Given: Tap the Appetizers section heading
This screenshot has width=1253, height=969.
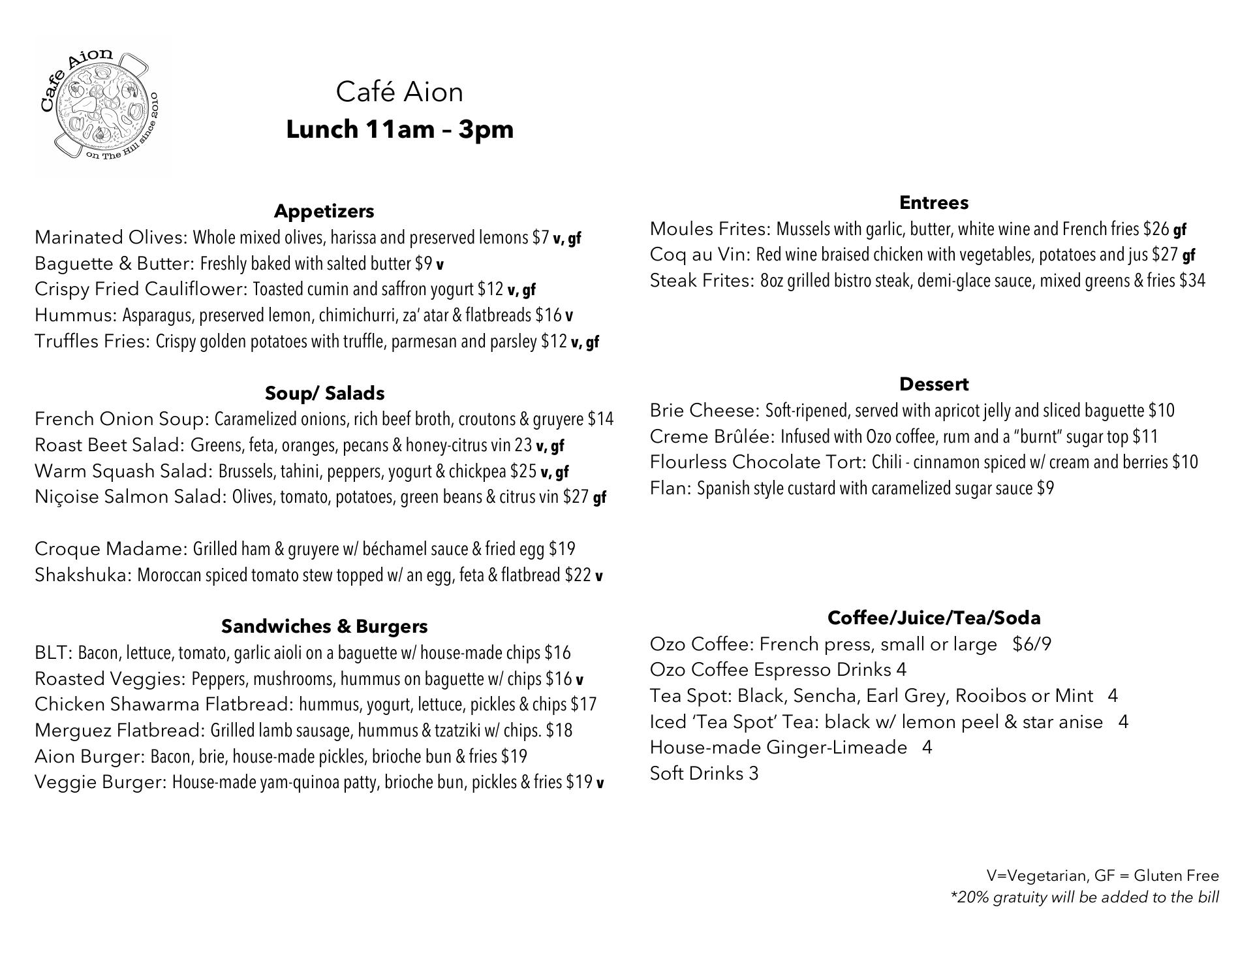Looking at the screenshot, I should (x=324, y=211).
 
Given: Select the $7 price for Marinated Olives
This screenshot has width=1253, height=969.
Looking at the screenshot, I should (x=540, y=238).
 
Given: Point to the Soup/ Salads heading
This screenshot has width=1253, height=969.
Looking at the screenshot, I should (x=324, y=393).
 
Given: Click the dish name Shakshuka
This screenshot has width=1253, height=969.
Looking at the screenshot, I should (x=83, y=575).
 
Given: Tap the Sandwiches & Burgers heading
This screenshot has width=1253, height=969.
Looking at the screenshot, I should (x=324, y=626).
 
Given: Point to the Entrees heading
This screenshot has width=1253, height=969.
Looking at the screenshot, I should (x=933, y=202).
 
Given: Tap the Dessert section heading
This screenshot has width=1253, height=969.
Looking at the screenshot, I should (x=933, y=384).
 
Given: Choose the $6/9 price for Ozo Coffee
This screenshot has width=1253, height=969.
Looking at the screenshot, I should (x=1032, y=644).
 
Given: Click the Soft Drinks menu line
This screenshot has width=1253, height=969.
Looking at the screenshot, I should (x=704, y=774).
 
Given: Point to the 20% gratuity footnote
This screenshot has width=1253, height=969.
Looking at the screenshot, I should (x=1084, y=897).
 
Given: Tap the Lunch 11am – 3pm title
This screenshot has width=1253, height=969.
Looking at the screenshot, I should (x=399, y=129).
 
